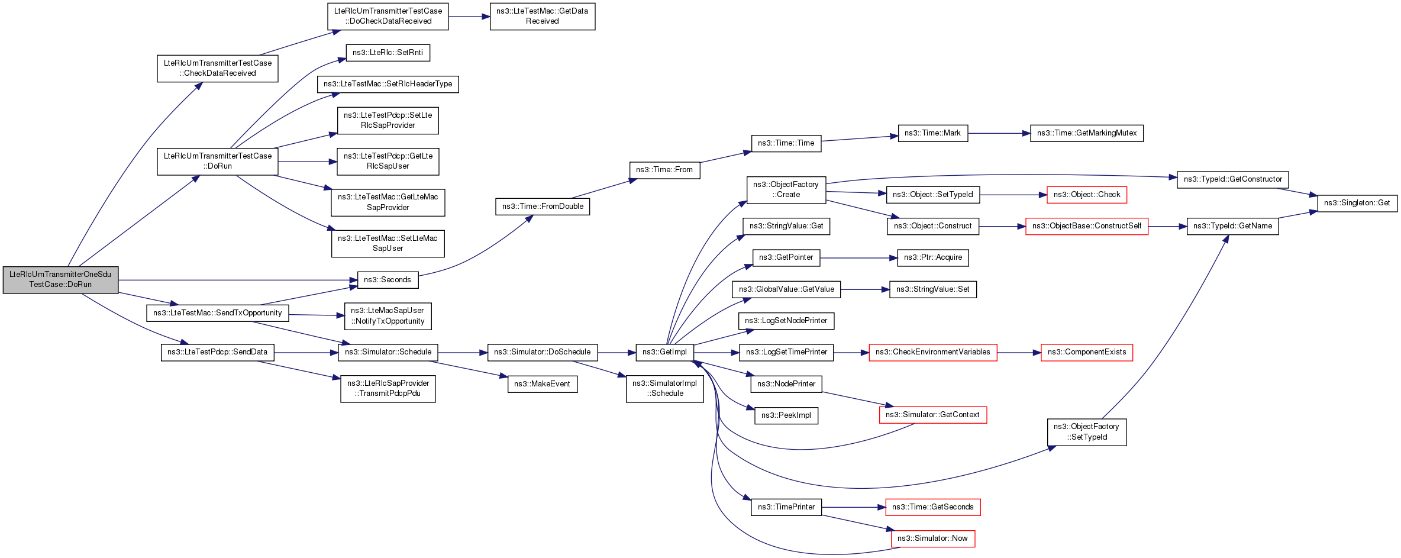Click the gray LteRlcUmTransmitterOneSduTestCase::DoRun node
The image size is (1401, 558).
[60, 280]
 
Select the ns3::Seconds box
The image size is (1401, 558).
[388, 280]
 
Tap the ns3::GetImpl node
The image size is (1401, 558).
[664, 352]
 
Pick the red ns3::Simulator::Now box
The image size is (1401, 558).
[932, 538]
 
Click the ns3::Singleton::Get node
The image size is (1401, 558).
[1357, 203]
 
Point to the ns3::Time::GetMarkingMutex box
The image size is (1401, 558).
[1087, 133]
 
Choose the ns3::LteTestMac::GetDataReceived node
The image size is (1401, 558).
[543, 17]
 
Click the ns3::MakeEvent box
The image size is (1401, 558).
[543, 384]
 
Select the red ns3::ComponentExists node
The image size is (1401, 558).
[1087, 352]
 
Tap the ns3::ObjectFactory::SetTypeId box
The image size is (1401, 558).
[1087, 432]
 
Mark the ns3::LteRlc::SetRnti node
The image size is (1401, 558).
[388, 53]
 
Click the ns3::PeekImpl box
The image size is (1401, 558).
[786, 415]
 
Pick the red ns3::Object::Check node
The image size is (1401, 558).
[1087, 195]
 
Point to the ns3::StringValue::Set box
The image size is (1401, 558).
[933, 289]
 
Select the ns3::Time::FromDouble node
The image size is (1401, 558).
[543, 207]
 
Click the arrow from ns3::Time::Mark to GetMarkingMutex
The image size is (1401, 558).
[999, 133]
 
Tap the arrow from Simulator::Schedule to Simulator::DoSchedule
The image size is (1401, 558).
[463, 352]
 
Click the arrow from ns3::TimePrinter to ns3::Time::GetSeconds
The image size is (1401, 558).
[853, 507]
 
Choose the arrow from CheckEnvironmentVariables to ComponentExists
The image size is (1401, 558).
[1019, 352]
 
